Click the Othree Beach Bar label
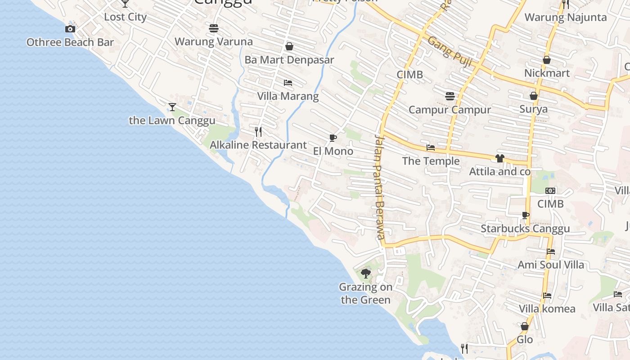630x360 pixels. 70,42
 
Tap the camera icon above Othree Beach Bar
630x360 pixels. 70,29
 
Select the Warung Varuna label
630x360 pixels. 214,41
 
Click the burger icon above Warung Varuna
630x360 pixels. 214,28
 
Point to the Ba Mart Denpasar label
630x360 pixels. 289,60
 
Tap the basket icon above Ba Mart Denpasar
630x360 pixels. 289,46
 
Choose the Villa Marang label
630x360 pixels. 288,96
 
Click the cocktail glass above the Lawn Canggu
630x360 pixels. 172,107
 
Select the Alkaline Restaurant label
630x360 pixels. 258,145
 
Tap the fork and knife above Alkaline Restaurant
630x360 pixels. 258,132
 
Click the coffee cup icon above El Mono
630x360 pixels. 333,138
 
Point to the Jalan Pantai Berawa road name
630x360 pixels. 380,187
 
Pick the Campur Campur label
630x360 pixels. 450,109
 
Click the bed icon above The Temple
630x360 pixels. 431,148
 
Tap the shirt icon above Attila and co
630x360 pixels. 499,158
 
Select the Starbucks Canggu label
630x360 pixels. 525,229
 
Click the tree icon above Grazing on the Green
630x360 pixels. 366,273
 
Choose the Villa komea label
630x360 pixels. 547,309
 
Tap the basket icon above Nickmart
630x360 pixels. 547,60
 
